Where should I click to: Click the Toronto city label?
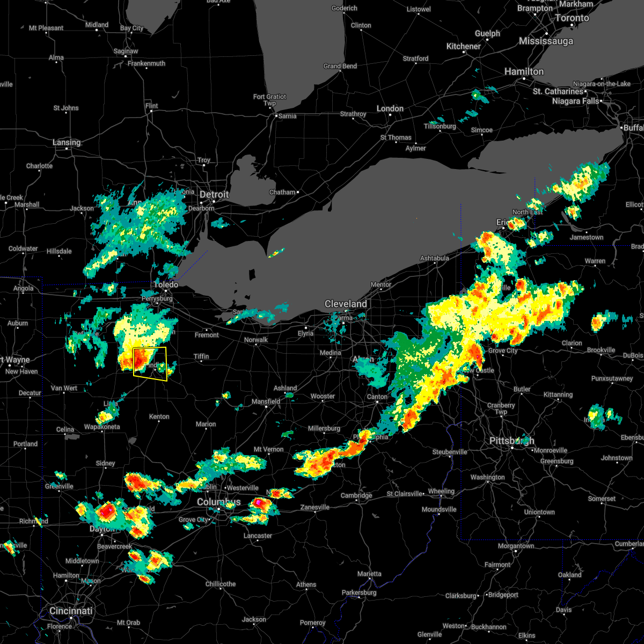(572, 18)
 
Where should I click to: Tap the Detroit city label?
(214, 194)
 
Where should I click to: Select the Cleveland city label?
(346, 304)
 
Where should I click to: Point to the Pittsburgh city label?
(511, 441)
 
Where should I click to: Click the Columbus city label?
(219, 502)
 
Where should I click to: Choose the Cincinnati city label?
(71, 611)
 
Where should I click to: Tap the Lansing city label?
(67, 142)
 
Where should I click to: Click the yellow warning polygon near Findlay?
(150, 363)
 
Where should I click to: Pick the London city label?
(390, 108)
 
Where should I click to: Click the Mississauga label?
(546, 41)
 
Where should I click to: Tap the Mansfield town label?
(266, 401)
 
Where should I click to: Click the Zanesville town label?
(315, 507)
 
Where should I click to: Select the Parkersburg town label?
(359, 592)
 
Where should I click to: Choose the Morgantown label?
(516, 546)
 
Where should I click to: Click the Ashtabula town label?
(435, 258)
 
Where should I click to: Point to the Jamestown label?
(587, 237)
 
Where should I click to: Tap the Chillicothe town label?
(221, 584)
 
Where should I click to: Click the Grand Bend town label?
(340, 66)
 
